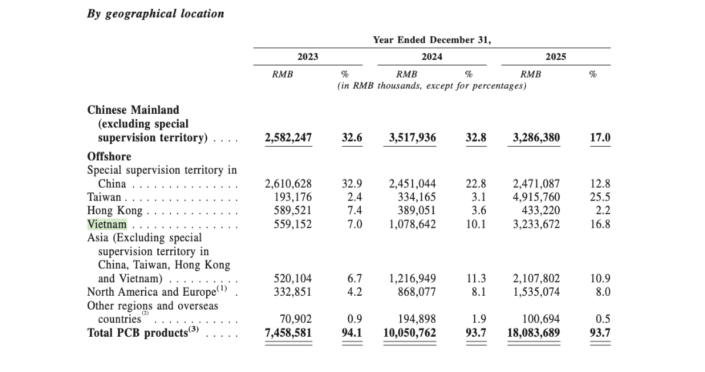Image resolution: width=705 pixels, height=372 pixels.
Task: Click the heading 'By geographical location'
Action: [x=156, y=14]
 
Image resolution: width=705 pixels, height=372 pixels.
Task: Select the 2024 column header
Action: [x=432, y=57]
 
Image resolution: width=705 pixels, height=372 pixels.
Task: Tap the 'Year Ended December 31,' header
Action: [x=432, y=40]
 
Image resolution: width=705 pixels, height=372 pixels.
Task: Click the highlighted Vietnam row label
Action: [x=107, y=224]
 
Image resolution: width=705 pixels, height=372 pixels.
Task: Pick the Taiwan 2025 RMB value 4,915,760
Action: [x=536, y=197]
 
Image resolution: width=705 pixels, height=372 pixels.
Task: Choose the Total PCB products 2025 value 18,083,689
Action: [x=533, y=333]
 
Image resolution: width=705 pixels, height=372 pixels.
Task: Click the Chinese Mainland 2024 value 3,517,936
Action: [x=412, y=138]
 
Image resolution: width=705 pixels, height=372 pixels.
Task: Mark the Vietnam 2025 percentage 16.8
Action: [x=600, y=224]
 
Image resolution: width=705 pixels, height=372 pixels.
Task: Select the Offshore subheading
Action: [x=109, y=157]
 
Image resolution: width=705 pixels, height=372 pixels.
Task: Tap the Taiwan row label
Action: [x=105, y=197]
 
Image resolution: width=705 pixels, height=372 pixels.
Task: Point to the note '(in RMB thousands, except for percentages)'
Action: [x=432, y=86]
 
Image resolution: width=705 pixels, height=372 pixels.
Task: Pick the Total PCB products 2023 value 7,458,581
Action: [x=288, y=333]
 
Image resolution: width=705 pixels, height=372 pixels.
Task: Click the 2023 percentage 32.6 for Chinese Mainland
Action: [x=352, y=138]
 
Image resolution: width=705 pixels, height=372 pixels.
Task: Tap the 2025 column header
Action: [x=556, y=57]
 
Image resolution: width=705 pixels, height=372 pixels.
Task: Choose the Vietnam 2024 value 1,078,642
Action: [x=412, y=224]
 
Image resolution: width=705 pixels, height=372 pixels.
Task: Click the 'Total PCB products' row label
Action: [x=136, y=333]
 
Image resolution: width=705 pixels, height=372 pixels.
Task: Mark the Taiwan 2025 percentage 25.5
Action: [x=600, y=197]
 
